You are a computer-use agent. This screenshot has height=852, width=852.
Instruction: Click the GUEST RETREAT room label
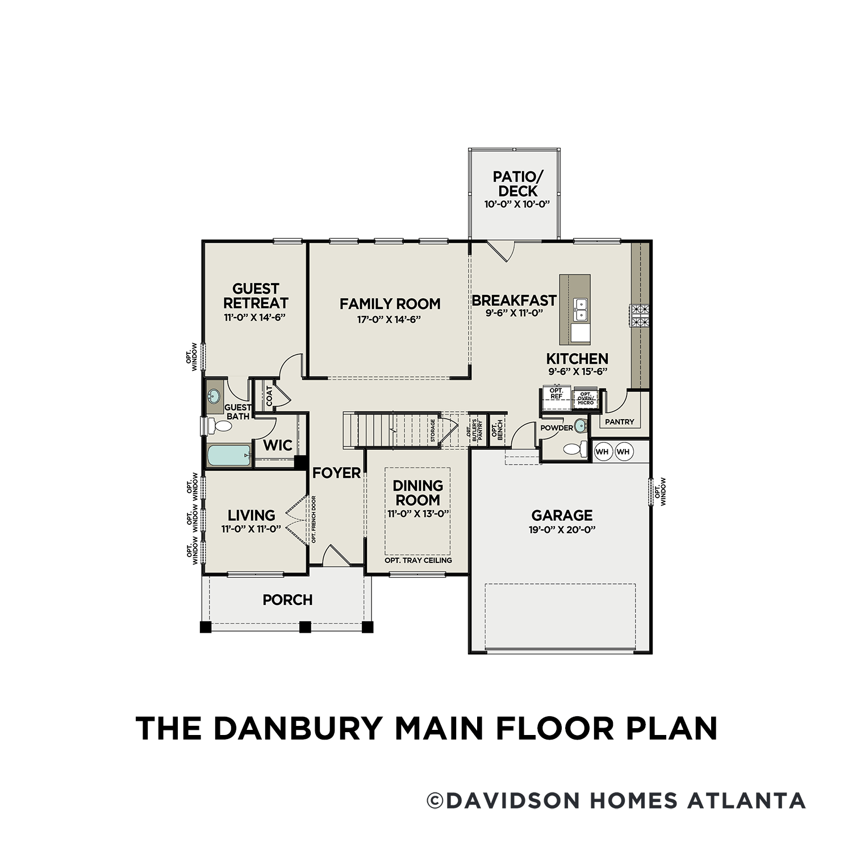[x=256, y=296]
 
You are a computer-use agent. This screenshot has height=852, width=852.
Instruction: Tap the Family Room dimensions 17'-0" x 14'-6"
[x=389, y=320]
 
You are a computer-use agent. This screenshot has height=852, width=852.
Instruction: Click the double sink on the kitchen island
[x=580, y=310]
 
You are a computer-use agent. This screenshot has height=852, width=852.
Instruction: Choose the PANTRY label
[x=619, y=422]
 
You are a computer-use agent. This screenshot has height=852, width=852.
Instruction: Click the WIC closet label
[x=278, y=445]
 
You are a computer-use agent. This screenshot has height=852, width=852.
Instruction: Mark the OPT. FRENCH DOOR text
[x=314, y=520]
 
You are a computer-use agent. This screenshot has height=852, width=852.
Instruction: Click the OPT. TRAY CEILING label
[x=418, y=561]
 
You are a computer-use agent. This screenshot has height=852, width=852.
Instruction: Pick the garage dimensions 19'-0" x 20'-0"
[x=562, y=530]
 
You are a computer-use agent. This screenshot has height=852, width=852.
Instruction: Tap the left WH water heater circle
[x=602, y=452]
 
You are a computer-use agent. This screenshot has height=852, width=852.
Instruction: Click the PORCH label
[x=287, y=600]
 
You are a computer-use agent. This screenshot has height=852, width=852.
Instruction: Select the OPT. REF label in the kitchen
[x=556, y=393]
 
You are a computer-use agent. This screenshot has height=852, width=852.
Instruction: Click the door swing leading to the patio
[x=502, y=250]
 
